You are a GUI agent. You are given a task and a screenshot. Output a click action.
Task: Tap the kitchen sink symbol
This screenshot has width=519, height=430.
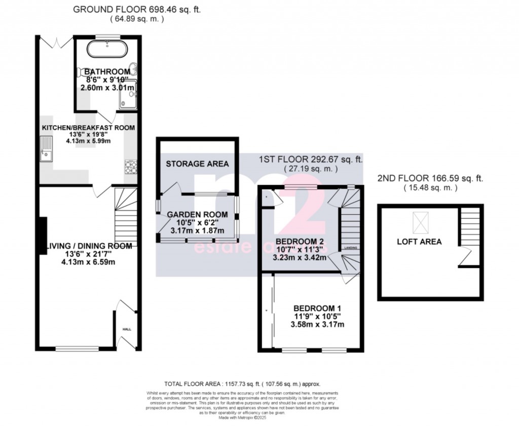tap(47, 151)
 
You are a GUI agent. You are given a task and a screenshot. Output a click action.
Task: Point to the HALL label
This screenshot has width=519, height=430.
tap(126, 329)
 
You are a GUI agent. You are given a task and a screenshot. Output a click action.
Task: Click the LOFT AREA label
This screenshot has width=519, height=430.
tap(419, 242)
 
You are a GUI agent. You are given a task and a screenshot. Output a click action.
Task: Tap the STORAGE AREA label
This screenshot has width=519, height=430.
tap(197, 164)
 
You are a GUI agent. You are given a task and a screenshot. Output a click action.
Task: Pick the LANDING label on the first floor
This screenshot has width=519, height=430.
tap(350, 248)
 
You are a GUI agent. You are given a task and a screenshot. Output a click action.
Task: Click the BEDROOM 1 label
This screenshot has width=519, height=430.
tap(317, 308)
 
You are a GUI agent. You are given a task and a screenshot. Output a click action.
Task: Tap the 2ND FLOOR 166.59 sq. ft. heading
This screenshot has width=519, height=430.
tap(430, 178)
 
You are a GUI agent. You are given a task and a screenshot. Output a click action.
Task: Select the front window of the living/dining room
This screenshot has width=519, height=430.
tap(75, 348)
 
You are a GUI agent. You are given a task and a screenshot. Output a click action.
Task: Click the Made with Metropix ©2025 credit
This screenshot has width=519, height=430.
tap(243, 418)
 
